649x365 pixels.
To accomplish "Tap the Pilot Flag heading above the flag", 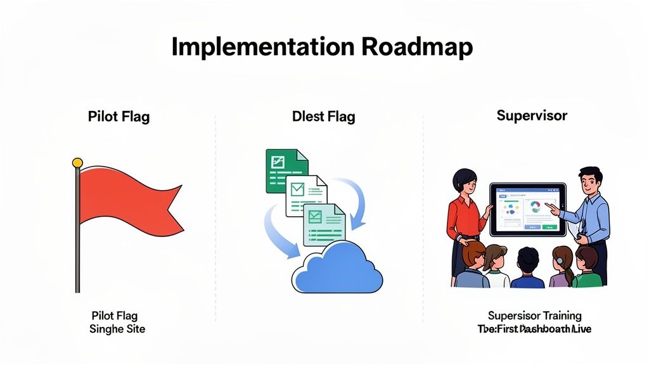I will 119,117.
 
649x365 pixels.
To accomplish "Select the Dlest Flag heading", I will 323,117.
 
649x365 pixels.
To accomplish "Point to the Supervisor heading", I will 532,115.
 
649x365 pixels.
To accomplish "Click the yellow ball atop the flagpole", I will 77,163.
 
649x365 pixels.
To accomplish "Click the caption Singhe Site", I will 117,329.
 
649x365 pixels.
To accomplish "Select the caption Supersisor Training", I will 535,316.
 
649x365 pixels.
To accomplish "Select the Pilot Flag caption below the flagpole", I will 115,316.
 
